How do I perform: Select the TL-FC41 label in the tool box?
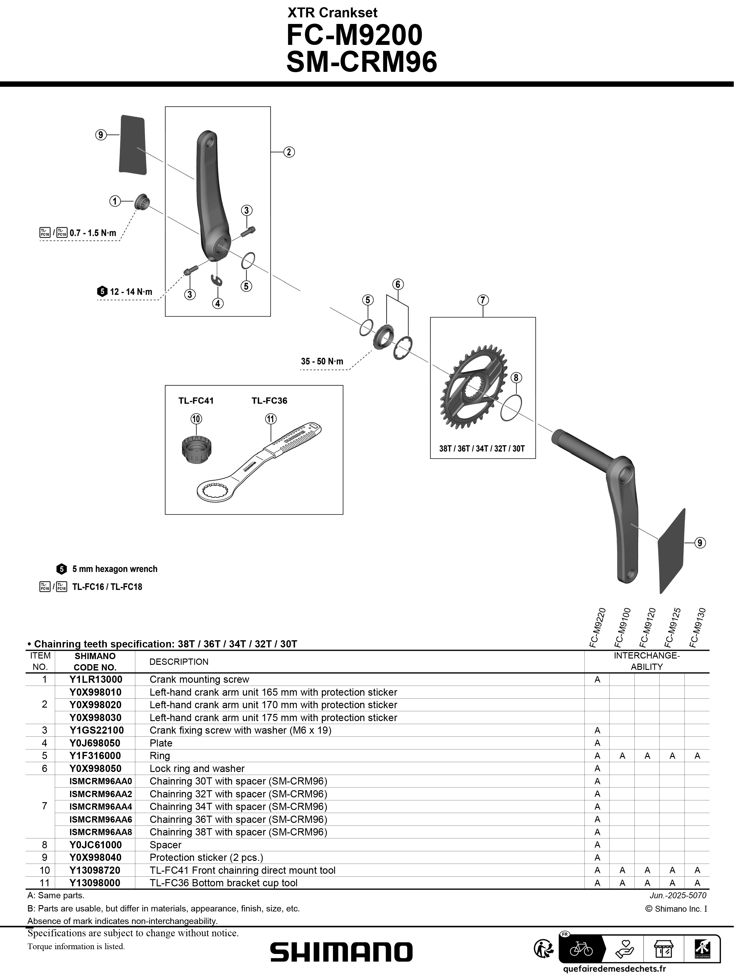196,401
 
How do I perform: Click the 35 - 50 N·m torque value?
322,362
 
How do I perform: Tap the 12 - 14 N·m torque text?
131,292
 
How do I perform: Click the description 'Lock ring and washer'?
197,768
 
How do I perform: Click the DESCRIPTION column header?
179,662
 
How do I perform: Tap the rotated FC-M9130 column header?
698,627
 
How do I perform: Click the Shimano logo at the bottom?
341,952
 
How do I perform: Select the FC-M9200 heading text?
354,35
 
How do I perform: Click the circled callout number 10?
196,419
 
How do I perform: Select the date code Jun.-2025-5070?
678,895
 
